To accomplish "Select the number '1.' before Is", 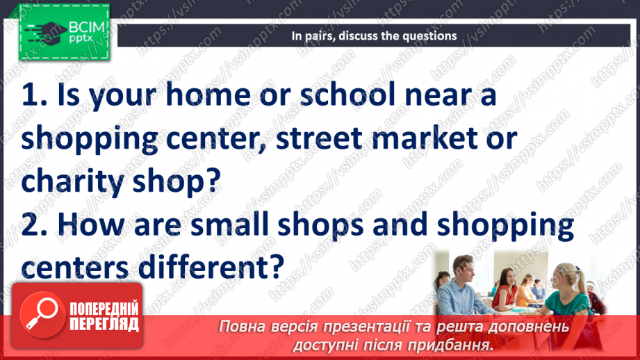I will pyautogui.click(x=35, y=96).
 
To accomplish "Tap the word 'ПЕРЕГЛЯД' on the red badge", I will pyautogui.click(x=105, y=325).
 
